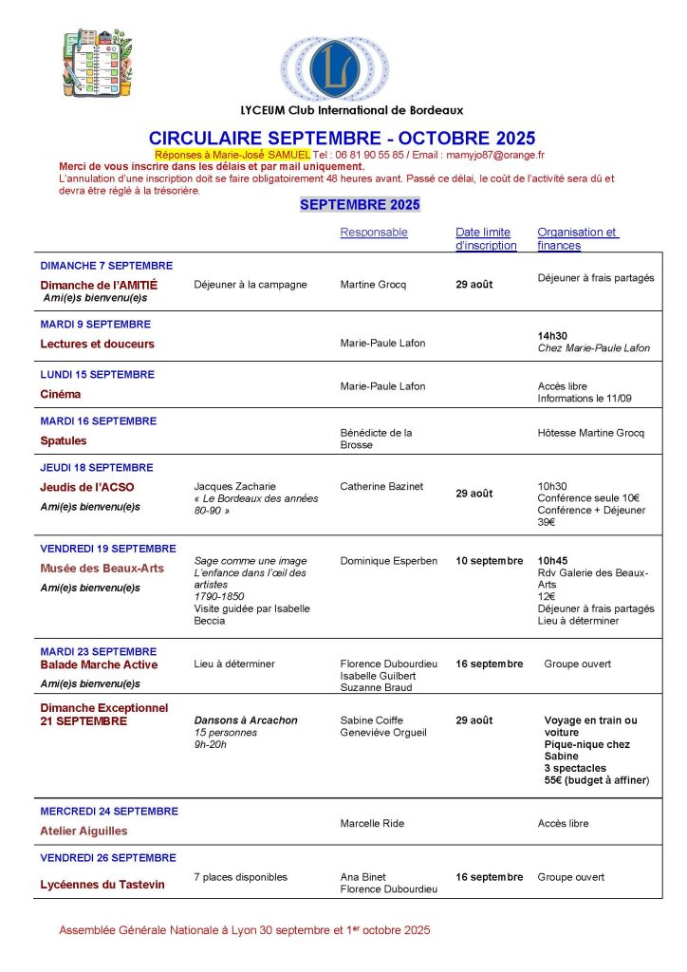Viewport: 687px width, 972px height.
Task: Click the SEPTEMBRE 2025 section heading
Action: [360, 205]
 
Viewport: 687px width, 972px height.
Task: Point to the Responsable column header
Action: [374, 233]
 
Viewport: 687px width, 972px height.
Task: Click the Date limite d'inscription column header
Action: [486, 238]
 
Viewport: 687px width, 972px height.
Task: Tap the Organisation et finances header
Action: [577, 238]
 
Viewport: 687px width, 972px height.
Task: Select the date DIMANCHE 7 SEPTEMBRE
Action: [106, 266]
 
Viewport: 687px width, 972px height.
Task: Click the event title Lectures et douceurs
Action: [97, 344]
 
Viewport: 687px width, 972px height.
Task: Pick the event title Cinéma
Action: [61, 394]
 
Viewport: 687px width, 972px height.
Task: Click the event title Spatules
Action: [64, 440]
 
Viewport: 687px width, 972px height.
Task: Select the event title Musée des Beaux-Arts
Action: [102, 569]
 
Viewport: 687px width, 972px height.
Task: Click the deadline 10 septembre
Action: [490, 561]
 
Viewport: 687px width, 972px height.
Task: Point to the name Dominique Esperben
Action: [389, 561]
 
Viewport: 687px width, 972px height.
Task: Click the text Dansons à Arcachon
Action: [246, 720]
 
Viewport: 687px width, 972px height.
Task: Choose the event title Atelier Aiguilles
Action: [84, 831]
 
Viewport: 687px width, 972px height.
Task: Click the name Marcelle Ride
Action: [371, 823]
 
